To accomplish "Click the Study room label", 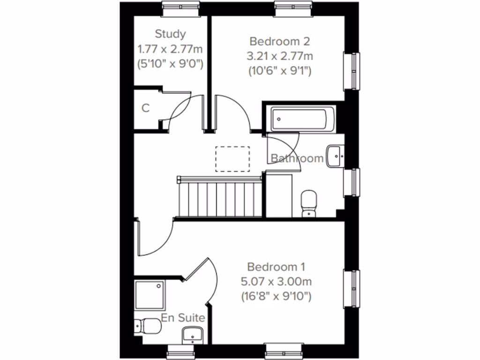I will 170,34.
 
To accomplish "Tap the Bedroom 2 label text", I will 280,41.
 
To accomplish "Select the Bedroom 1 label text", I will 277,267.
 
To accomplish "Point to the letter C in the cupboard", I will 146,108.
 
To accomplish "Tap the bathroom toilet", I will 309,203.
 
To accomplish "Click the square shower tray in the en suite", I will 150,295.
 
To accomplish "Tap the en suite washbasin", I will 192,335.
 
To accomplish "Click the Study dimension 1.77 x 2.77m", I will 170,49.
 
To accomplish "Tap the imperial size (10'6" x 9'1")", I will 280,71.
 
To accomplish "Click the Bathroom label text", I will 297,158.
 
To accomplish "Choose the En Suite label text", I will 183,318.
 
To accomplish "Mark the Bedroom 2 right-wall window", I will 352,70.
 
